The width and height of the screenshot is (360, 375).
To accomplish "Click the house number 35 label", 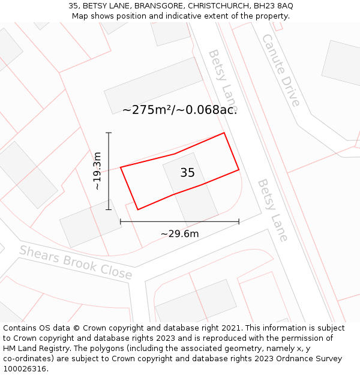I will point(187,173).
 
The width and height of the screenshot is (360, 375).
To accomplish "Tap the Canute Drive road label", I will point(280,70).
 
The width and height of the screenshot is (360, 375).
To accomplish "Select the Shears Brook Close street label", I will point(76,262).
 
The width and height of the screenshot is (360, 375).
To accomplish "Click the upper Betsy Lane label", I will point(223,76).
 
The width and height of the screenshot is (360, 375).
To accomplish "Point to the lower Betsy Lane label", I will point(273,209).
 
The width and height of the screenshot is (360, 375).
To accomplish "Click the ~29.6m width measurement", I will point(179,234).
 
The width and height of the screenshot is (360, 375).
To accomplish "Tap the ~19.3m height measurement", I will point(98,171).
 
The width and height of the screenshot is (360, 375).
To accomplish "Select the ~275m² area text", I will point(146,110).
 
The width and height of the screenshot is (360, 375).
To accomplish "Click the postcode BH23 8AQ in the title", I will point(272,6).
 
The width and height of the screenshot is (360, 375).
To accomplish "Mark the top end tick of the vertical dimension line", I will point(109,133).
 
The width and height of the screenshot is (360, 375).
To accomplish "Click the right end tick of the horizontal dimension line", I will point(239,221).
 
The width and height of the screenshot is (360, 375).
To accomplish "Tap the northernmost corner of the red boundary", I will point(224,133).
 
